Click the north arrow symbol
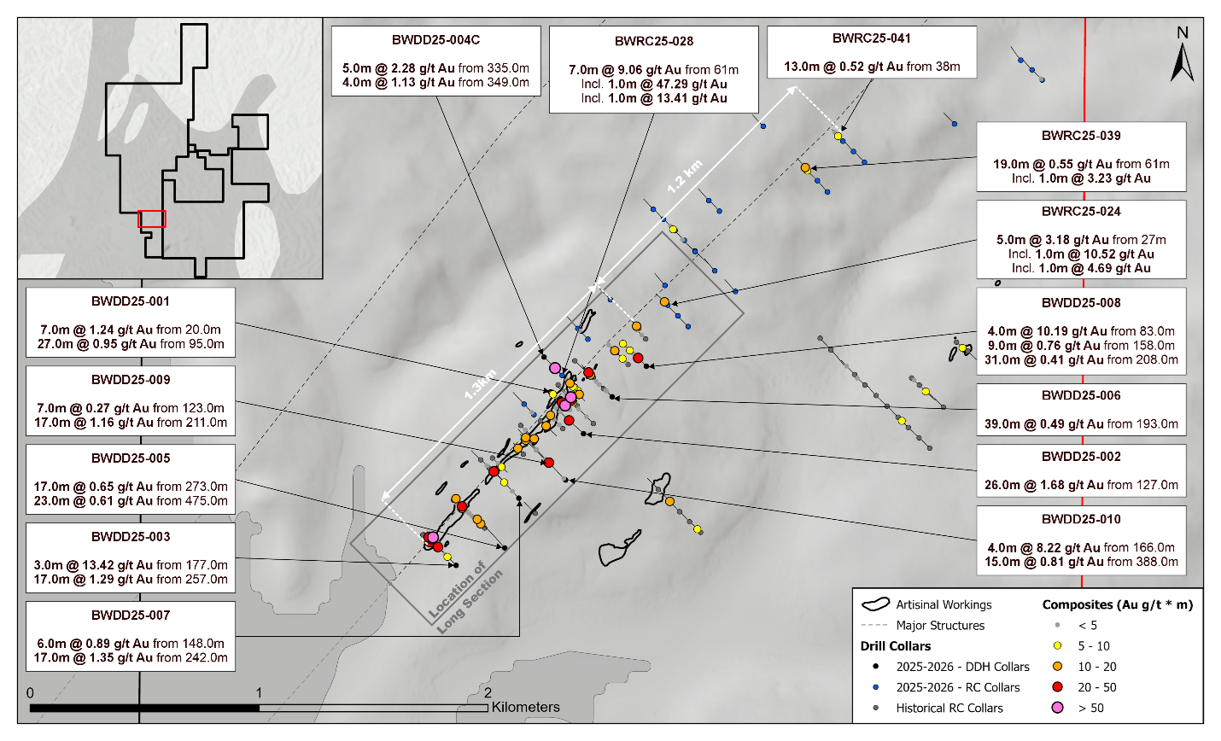[x=1183, y=60]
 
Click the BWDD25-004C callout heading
[x=435, y=40]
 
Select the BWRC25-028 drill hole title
[x=654, y=41]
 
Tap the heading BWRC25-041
[x=872, y=38]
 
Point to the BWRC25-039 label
[x=1081, y=136]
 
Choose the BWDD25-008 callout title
[x=1081, y=303]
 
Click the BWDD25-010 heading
[x=1081, y=519]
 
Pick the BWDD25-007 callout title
[x=131, y=616]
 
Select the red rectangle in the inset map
[x=152, y=219]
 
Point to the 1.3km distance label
[x=480, y=385]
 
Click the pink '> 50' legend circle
[x=1058, y=708]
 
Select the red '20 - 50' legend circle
[x=1058, y=687]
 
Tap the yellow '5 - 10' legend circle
[x=1058, y=646]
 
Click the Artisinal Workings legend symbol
[x=875, y=604]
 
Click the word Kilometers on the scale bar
[x=526, y=708]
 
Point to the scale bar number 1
[x=259, y=693]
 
